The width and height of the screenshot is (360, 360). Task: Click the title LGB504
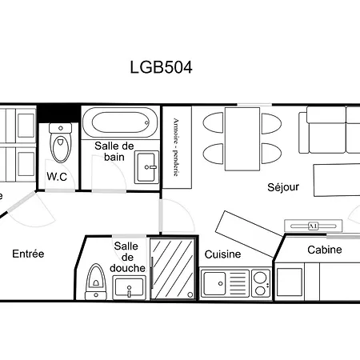click(161, 66)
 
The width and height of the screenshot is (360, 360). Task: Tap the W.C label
click(56, 176)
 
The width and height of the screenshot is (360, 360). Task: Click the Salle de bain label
click(114, 151)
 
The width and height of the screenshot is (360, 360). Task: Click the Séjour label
click(282, 187)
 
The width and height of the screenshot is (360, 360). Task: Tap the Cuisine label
click(223, 254)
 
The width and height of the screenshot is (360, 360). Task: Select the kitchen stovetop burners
click(260, 282)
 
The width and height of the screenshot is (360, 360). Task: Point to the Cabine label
click(325, 250)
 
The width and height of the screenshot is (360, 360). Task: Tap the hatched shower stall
click(173, 268)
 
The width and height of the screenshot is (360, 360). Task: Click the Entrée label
click(28, 254)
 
